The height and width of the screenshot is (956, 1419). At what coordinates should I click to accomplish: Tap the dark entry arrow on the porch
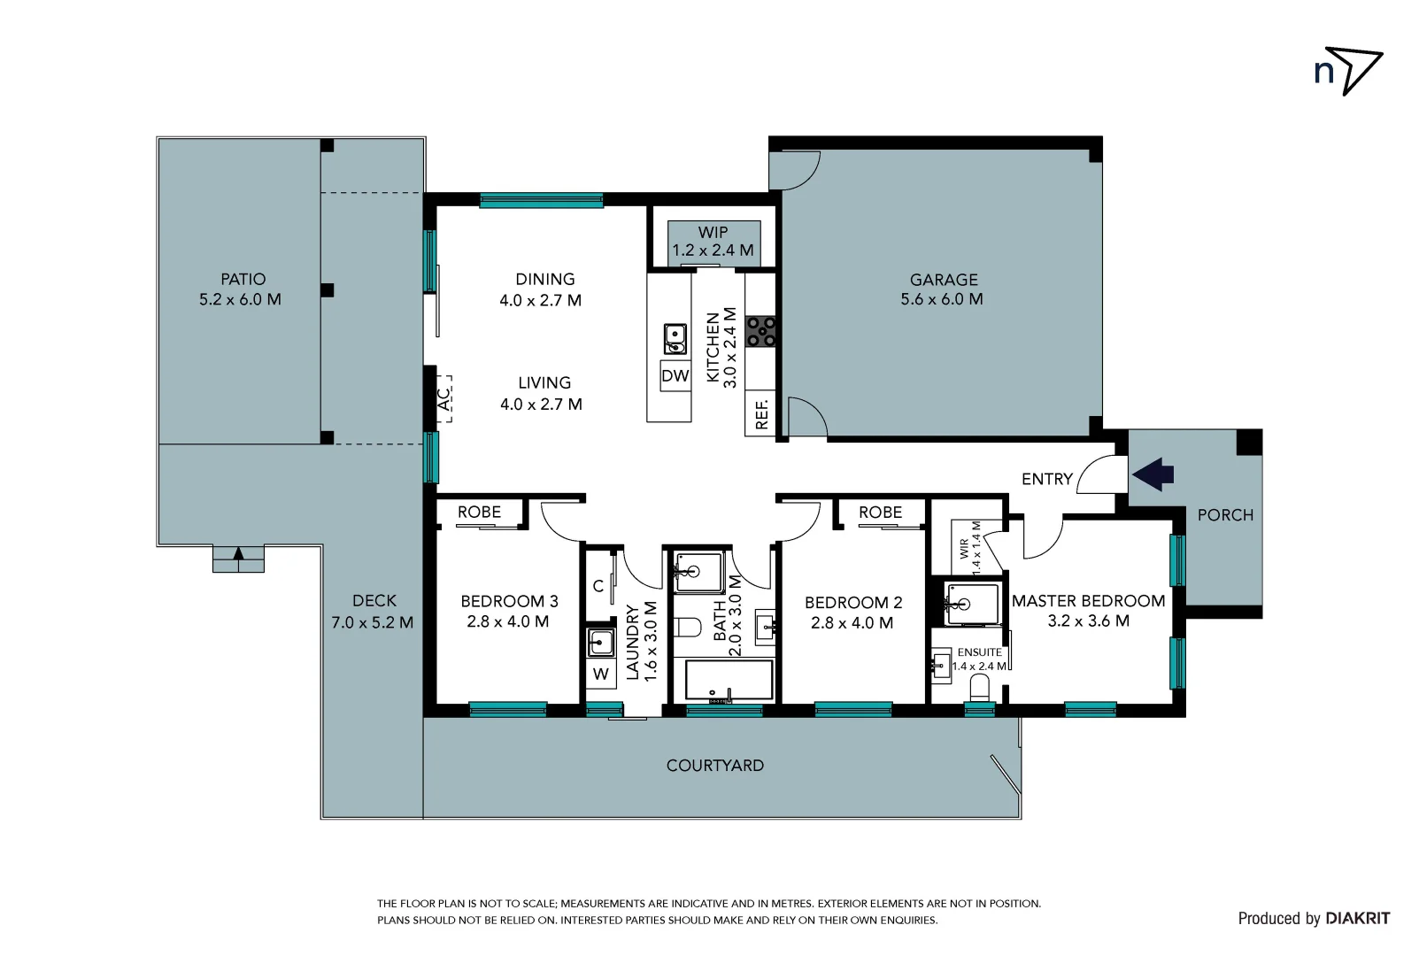1153,474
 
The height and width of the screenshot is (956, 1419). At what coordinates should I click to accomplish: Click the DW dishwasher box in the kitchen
675,375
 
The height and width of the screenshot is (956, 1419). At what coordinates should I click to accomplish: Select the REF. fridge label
761,413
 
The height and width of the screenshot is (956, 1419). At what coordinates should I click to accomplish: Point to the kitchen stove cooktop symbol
760,332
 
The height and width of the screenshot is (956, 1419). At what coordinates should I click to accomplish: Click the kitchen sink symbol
675,338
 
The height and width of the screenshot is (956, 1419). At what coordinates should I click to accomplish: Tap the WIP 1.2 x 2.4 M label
713,242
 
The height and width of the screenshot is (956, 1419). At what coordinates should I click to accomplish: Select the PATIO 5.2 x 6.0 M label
241,289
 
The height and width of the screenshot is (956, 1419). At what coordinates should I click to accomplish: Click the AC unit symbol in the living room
443,399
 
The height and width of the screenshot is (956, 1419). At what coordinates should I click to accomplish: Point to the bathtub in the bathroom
729,680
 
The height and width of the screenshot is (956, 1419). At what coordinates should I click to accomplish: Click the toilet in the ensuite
979,687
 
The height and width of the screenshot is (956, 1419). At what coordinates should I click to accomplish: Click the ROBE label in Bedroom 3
479,513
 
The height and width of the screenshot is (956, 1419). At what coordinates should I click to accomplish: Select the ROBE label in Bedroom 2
880,513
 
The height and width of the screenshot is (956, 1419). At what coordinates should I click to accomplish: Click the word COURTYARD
714,766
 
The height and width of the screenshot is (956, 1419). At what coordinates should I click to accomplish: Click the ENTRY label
1046,479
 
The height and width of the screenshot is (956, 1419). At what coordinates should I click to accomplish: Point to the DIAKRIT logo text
1357,919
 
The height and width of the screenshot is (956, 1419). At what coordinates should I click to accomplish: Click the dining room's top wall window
541,201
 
